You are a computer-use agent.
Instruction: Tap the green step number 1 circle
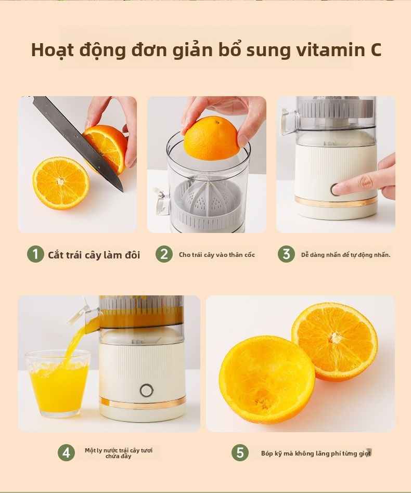35,254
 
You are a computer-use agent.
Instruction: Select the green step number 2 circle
164,254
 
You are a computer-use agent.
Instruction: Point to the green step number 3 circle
286,254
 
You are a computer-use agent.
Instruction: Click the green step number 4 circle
66,453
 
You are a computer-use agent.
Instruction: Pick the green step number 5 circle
240,453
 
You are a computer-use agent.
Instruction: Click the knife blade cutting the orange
79,141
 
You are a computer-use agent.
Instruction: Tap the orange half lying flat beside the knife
61,183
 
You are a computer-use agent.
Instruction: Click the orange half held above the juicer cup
211,138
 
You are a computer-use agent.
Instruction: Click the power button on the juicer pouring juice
146,390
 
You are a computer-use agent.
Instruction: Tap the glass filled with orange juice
58,384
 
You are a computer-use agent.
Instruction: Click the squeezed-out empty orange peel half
267,380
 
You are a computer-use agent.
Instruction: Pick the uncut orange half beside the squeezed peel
335,342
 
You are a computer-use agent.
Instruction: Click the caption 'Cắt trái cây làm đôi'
94,255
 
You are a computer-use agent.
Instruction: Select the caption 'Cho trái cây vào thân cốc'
216,255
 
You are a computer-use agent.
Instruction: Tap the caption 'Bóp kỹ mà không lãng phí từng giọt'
316,453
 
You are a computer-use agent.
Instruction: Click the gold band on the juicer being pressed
336,202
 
